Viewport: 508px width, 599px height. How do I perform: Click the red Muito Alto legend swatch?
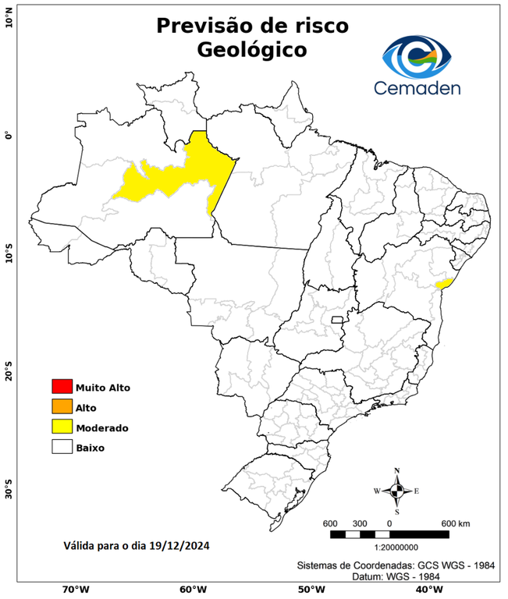[62, 386]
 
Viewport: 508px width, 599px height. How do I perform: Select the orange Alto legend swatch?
[62, 406]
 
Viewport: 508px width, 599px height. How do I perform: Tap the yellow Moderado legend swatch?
[62, 427]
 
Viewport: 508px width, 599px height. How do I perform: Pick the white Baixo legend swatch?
[62, 447]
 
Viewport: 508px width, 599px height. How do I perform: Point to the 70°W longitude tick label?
[75, 590]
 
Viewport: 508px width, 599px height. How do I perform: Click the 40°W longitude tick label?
[427, 590]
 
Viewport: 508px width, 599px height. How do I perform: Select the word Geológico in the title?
[252, 49]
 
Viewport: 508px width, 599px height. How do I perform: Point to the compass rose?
[396, 491]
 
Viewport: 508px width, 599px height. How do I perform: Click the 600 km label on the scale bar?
[454, 523]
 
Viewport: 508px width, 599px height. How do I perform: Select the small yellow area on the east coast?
[445, 284]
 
